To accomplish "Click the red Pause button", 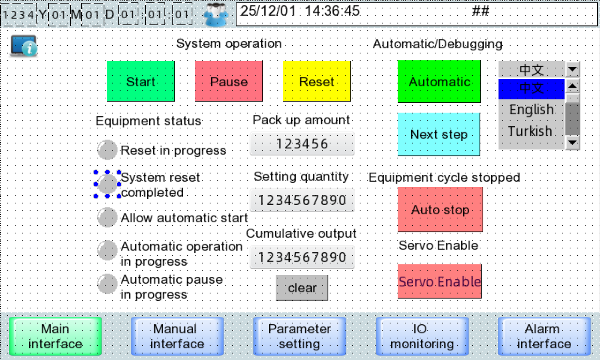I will point(229,82).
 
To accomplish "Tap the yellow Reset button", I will point(317,82).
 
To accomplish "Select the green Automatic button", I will point(439,82).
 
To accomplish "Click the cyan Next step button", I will point(439,134).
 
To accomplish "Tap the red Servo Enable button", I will point(440,282).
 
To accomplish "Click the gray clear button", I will point(302,288).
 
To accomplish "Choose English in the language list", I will point(531,110).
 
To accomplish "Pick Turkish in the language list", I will point(530,131).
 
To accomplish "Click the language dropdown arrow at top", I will point(573,70).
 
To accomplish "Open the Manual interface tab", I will point(177,336).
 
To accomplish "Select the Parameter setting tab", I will point(300,336).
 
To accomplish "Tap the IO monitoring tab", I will point(422,336).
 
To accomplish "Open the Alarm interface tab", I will point(544,336).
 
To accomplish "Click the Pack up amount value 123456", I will point(302,144).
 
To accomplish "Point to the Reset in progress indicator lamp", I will point(107,150).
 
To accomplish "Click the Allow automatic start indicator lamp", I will point(107,218).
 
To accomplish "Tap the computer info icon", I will point(24,46).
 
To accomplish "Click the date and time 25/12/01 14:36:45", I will point(300,11).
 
